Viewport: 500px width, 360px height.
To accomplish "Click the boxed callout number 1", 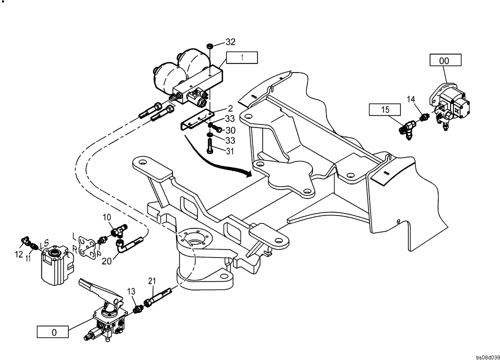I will click(242, 57).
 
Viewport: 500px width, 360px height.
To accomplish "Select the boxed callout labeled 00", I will click(444, 61).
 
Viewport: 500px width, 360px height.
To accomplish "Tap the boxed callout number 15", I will click(384, 109).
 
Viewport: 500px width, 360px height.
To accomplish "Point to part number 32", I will click(230, 41).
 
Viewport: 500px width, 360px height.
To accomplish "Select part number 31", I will click(230, 150).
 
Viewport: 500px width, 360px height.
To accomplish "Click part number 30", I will click(230, 130).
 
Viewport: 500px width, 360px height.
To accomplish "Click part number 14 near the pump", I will click(410, 99).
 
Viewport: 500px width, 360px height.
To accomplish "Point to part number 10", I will click(106, 217).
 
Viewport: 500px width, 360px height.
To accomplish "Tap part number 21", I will click(152, 282).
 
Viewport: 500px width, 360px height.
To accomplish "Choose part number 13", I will click(131, 291).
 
